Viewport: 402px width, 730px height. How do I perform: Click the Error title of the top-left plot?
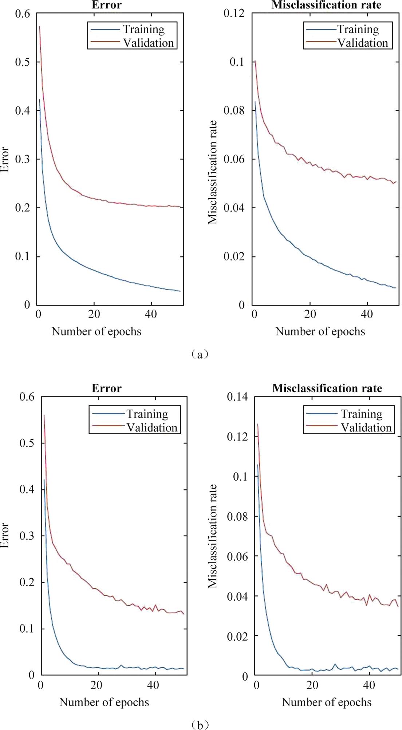(106, 5)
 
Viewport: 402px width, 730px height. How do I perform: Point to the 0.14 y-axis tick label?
(237, 397)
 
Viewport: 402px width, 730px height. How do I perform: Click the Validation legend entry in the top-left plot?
(148, 43)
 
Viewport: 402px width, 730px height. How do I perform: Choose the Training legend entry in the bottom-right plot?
(361, 414)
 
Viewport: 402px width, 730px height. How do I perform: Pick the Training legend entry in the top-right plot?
(358, 29)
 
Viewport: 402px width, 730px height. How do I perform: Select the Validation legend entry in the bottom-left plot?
(151, 427)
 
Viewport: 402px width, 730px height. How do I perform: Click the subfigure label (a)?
(200, 354)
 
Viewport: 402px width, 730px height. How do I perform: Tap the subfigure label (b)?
(200, 725)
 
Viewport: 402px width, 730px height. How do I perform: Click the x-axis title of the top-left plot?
(96, 331)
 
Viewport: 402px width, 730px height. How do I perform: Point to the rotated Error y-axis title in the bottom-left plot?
(5, 535)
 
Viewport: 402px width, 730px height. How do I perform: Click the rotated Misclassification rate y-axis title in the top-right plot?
(213, 172)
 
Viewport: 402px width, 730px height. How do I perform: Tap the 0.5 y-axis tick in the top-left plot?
(23, 62)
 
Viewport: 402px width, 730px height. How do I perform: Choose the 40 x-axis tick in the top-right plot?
(367, 314)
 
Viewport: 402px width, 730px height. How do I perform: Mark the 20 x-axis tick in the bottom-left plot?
(96, 685)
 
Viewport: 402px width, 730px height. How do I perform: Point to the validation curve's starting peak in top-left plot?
(39, 27)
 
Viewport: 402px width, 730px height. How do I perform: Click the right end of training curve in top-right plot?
(395, 288)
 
